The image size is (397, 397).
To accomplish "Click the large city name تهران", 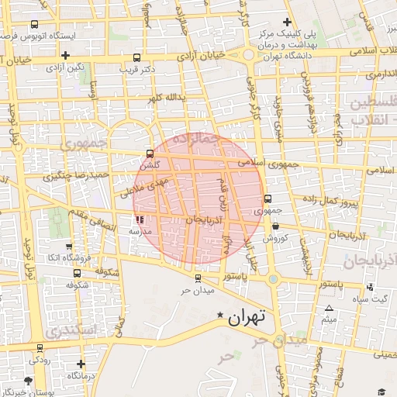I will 247,316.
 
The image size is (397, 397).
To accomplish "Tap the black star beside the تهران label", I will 220,315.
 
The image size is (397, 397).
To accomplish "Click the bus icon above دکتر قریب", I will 137,57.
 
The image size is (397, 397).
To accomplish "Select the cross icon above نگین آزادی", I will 66,55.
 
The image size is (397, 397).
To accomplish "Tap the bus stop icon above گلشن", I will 150,154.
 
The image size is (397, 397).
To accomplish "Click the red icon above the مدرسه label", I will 140,221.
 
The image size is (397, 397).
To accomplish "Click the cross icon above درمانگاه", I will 81,364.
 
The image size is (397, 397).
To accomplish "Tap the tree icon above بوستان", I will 29,381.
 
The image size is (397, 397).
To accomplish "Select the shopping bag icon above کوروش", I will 276,226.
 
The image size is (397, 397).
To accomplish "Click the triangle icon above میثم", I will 329,309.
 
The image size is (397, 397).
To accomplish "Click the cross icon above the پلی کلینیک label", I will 288,22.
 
